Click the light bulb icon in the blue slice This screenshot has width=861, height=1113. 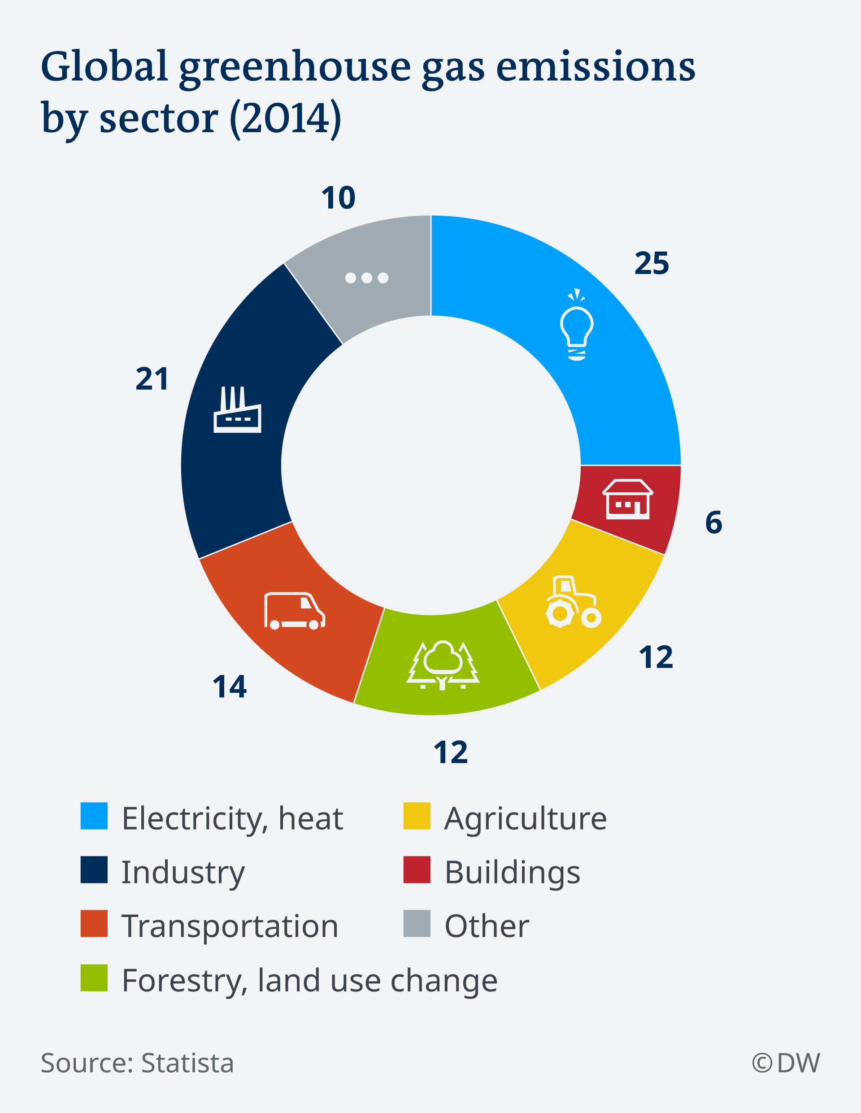click(x=577, y=326)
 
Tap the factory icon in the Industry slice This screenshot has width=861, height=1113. click(x=237, y=410)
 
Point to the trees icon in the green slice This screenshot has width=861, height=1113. click(x=443, y=665)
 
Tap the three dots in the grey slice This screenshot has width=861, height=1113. click(x=366, y=278)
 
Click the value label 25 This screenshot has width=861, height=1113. click(x=652, y=264)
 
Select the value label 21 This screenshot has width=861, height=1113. click(x=152, y=379)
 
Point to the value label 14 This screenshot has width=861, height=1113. click(x=230, y=687)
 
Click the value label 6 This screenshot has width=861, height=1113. click(x=713, y=522)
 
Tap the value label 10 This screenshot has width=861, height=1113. click(x=338, y=198)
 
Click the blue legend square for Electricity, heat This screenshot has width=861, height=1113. click(x=94, y=816)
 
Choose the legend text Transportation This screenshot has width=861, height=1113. click(x=230, y=926)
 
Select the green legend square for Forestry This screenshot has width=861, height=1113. click(x=94, y=978)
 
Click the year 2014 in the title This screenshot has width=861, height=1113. click(x=286, y=118)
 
